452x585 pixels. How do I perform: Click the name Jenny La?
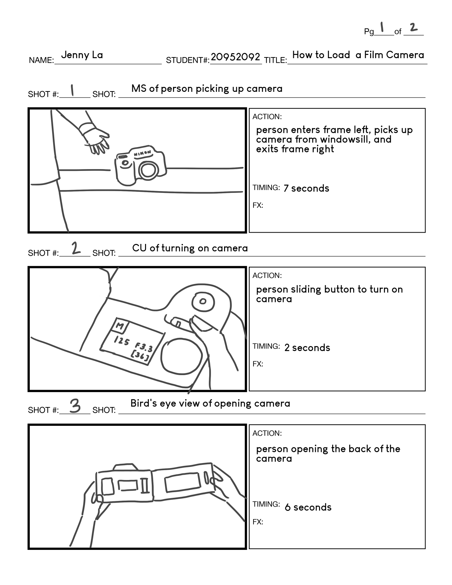pos(82,55)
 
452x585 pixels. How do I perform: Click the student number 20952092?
pos(235,57)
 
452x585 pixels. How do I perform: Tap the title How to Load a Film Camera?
pos(358,55)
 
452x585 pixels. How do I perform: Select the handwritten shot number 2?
pos(76,248)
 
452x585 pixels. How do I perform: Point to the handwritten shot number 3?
pos(75,406)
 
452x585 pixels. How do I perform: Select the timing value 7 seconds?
pos(306,188)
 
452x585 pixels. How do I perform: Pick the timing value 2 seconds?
pos(307,348)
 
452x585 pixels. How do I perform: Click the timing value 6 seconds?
pos(308,507)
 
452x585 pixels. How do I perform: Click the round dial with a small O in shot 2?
pos(203,302)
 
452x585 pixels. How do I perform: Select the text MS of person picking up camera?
pos(207,89)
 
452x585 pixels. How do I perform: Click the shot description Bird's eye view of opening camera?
pos(210,403)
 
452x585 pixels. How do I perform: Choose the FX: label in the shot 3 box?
pos(258,522)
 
